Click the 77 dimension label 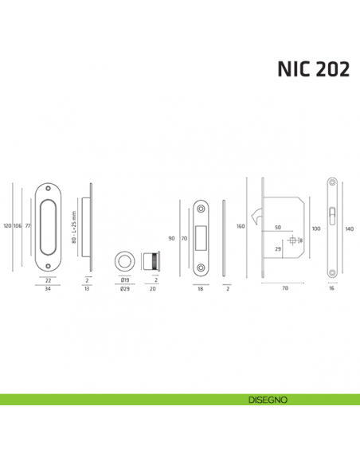(x=28, y=226)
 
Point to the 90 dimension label (x=172, y=238)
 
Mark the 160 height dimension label (x=241, y=226)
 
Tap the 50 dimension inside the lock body (x=279, y=228)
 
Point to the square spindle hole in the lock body (x=294, y=241)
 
